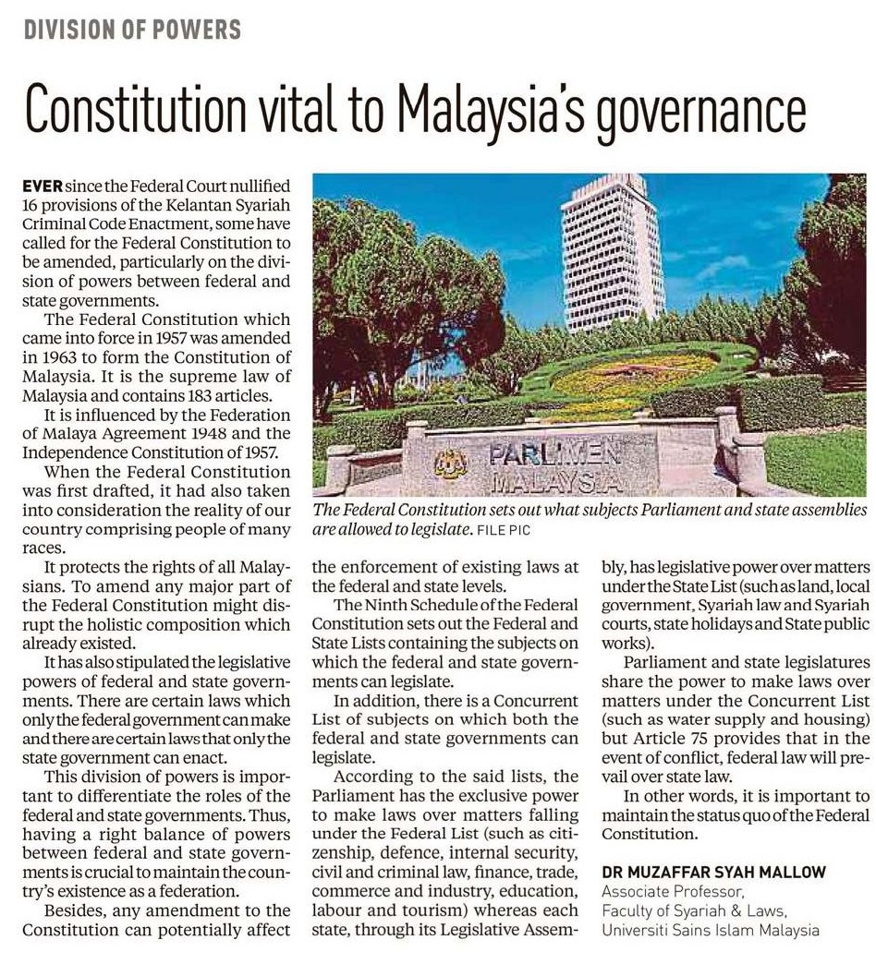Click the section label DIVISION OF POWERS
(x=132, y=30)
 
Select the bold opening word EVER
(x=42, y=186)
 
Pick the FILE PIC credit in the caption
(x=505, y=532)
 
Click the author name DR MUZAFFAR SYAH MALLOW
(x=713, y=872)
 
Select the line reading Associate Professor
(x=674, y=891)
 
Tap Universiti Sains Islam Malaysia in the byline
(x=710, y=930)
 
